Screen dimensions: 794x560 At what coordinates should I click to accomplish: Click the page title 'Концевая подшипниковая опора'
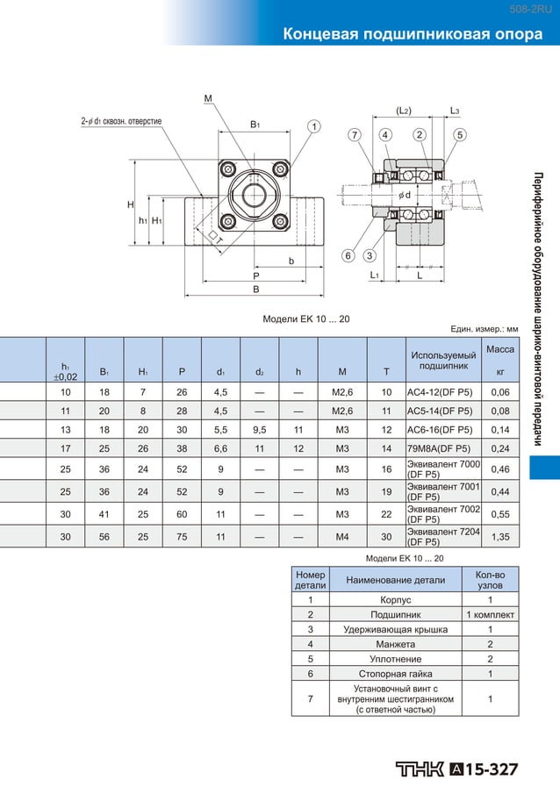[x=412, y=34]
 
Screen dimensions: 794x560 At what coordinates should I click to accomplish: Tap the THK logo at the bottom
[x=420, y=769]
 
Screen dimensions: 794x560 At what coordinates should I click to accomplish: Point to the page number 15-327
[x=492, y=769]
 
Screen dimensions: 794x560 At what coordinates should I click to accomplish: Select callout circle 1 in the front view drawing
[x=313, y=126]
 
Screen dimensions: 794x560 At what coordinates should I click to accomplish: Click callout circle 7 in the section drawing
[x=354, y=134]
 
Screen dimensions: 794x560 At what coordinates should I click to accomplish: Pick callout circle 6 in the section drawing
[x=348, y=255]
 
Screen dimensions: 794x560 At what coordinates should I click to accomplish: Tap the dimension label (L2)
[x=404, y=111]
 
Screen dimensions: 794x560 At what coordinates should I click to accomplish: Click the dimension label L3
[x=455, y=111]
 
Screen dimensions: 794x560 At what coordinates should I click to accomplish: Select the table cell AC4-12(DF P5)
[x=440, y=392]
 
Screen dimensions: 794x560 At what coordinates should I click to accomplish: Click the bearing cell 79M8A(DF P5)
[x=440, y=448]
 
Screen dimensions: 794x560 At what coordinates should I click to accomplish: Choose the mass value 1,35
[x=500, y=536]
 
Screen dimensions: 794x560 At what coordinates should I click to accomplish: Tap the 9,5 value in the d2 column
[x=260, y=430]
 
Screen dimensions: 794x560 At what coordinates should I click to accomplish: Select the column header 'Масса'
[x=500, y=349]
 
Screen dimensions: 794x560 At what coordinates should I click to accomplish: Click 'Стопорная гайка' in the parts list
[x=396, y=673]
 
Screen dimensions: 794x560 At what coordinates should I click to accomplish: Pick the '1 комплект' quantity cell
[x=490, y=615]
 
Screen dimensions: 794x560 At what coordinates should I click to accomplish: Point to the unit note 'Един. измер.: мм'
[x=485, y=329]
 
